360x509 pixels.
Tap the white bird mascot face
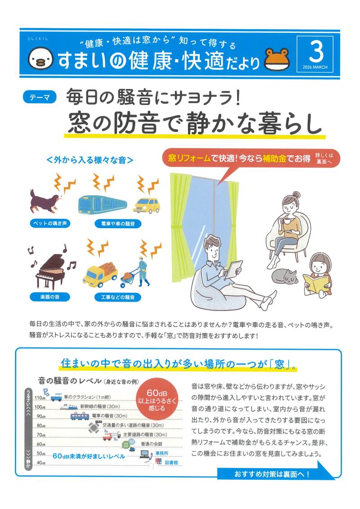[x=40, y=59]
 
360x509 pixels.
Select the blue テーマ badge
[x=40, y=97]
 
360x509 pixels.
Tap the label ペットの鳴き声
[x=50, y=223]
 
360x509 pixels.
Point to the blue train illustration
[x=102, y=204]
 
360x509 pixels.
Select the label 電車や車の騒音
[x=118, y=224]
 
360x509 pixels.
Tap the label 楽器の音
[x=49, y=297]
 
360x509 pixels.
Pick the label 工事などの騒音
[x=117, y=297]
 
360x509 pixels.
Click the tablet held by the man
[x=234, y=269]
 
